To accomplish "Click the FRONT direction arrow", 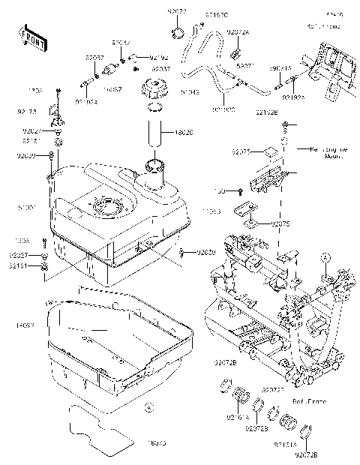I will [29, 37].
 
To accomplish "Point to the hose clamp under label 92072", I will [178, 31].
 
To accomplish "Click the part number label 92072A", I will [238, 33].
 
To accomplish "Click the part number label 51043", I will [170, 92].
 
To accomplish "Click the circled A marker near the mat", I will [148, 408].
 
